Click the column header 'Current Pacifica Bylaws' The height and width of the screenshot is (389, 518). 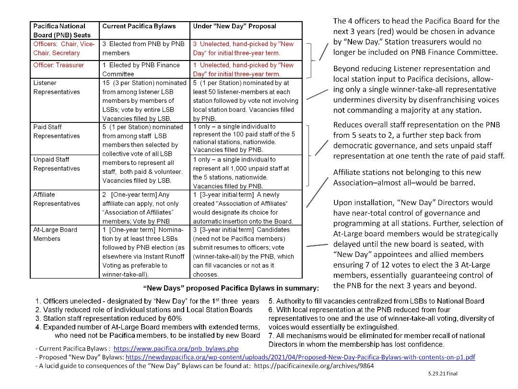(139, 26)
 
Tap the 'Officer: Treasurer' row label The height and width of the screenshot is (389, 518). (59, 65)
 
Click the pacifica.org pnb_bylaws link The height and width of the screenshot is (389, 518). (176, 349)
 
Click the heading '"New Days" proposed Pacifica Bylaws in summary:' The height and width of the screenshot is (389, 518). (231, 289)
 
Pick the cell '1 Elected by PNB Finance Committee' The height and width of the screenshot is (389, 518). (141, 69)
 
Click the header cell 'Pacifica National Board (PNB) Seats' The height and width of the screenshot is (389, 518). (59, 30)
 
